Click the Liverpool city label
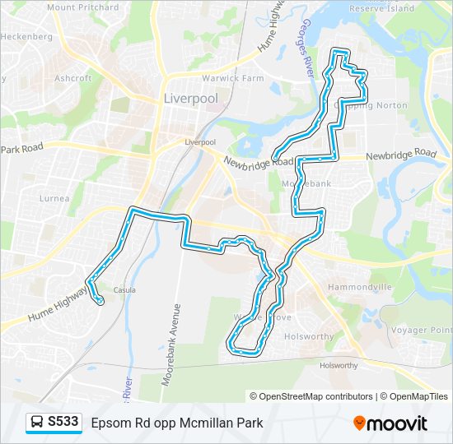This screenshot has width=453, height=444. point(191,99)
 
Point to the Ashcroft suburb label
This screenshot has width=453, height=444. point(73,79)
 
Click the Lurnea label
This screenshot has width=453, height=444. point(54,198)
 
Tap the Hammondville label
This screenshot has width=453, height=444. point(359,287)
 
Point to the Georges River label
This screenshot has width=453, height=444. point(310,49)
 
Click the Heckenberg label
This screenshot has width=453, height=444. point(26,37)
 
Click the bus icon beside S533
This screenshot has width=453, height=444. point(37,423)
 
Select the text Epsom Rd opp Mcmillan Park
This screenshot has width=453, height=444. point(177,423)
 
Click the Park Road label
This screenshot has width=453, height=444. point(21,149)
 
